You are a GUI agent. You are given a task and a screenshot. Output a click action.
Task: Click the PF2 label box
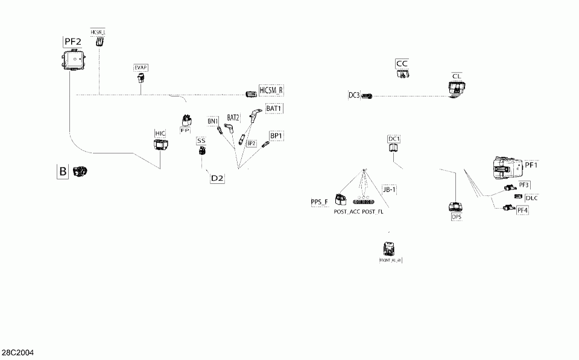pyautogui.click(x=73, y=42)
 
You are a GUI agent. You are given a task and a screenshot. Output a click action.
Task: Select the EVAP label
pyautogui.click(x=140, y=68)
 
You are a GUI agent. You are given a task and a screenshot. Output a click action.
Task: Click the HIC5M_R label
pyautogui.click(x=271, y=90)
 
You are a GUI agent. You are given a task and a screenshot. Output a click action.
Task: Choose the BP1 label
pyautogui.click(x=276, y=136)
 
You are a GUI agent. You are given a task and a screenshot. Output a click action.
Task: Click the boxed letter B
pyautogui.click(x=63, y=171)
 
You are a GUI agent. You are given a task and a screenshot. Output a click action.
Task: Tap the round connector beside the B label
pyautogui.click(x=80, y=172)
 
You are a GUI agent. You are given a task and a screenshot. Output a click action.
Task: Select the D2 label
pyautogui.click(x=217, y=178)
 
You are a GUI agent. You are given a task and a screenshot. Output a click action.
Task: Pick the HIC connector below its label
pyautogui.click(x=160, y=144)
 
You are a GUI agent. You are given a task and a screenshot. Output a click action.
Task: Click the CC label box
pyautogui.click(x=402, y=63)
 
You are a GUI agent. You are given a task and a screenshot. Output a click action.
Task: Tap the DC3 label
pyautogui.click(x=354, y=95)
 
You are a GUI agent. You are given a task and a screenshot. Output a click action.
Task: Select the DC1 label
pyautogui.click(x=394, y=139)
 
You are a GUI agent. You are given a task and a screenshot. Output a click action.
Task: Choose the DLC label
pyautogui.click(x=531, y=198)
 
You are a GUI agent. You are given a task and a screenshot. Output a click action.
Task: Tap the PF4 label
pyautogui.click(x=522, y=210)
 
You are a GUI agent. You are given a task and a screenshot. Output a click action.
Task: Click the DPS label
pyautogui.click(x=456, y=216)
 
